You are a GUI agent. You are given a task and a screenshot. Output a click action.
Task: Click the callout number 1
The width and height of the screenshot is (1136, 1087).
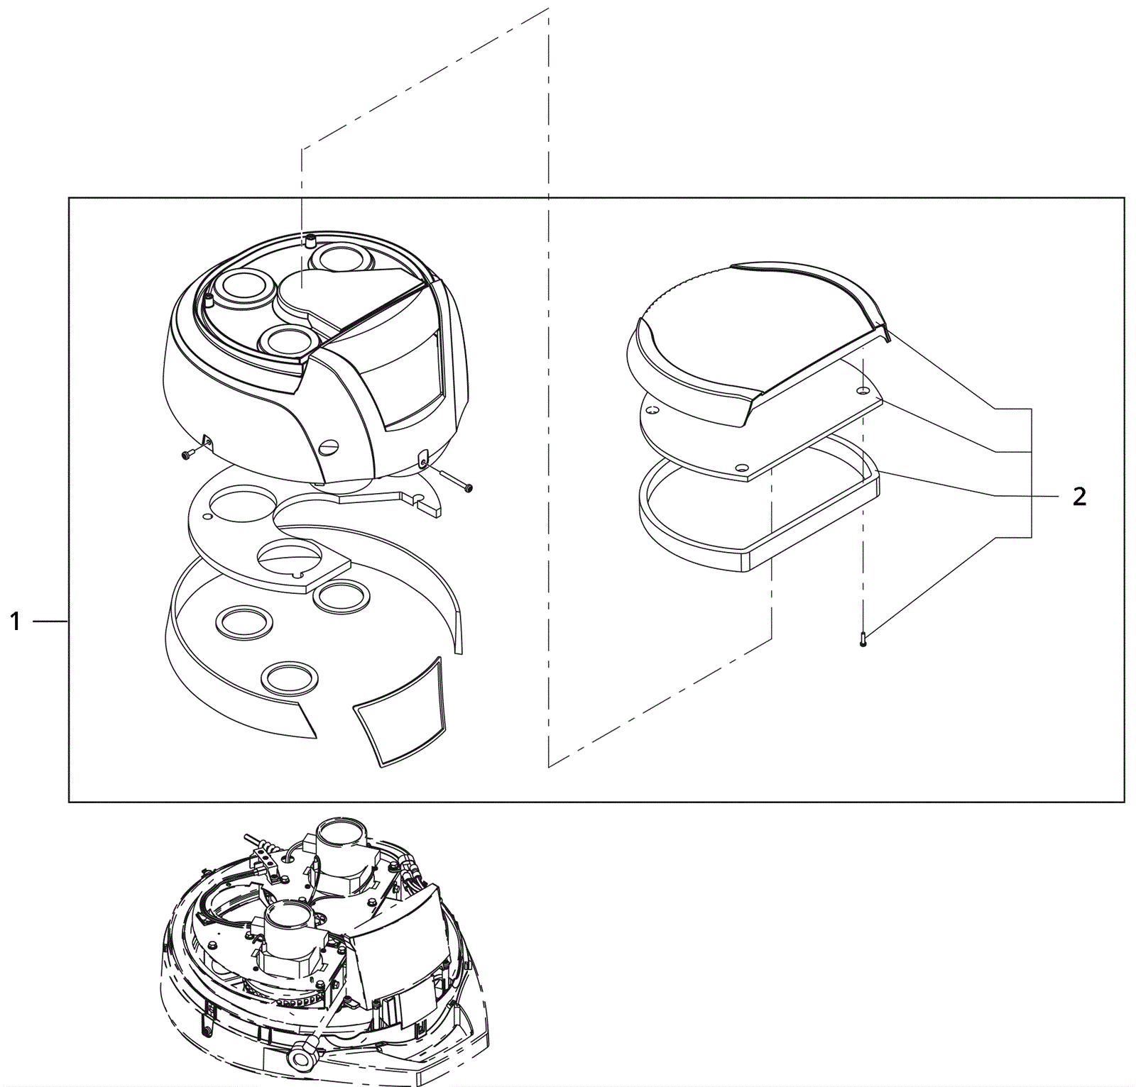pyautogui.click(x=16, y=622)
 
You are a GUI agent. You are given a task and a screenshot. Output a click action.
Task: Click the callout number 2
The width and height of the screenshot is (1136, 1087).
pyautogui.click(x=1078, y=497)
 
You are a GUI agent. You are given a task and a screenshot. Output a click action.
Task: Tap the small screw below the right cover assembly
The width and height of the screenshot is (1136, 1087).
pyautogui.click(x=863, y=639)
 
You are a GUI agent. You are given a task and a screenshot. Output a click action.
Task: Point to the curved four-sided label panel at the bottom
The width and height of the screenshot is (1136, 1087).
pyautogui.click(x=402, y=713)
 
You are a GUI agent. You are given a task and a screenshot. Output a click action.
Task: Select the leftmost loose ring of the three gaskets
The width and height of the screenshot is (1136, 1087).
pyautogui.click(x=244, y=622)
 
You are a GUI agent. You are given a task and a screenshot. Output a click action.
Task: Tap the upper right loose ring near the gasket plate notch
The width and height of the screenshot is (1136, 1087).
pyautogui.click(x=340, y=595)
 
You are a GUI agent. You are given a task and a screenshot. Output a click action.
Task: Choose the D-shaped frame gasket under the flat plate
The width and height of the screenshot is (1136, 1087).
pyautogui.click(x=758, y=511)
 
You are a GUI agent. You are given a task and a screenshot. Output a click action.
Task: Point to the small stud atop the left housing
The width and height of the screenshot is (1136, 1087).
pyautogui.click(x=310, y=240)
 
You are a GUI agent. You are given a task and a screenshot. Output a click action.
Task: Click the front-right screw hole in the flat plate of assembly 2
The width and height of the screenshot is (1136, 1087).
pyautogui.click(x=741, y=468)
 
